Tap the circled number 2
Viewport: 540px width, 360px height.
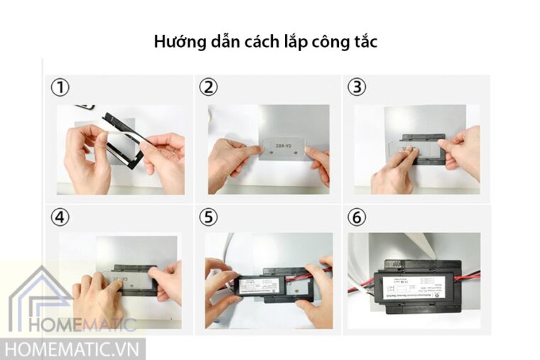click(207, 87)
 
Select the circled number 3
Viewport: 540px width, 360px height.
click(357, 87)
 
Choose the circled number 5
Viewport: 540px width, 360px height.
click(207, 217)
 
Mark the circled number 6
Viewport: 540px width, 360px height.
click(357, 217)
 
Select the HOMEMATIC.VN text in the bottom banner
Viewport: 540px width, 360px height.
click(72, 349)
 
